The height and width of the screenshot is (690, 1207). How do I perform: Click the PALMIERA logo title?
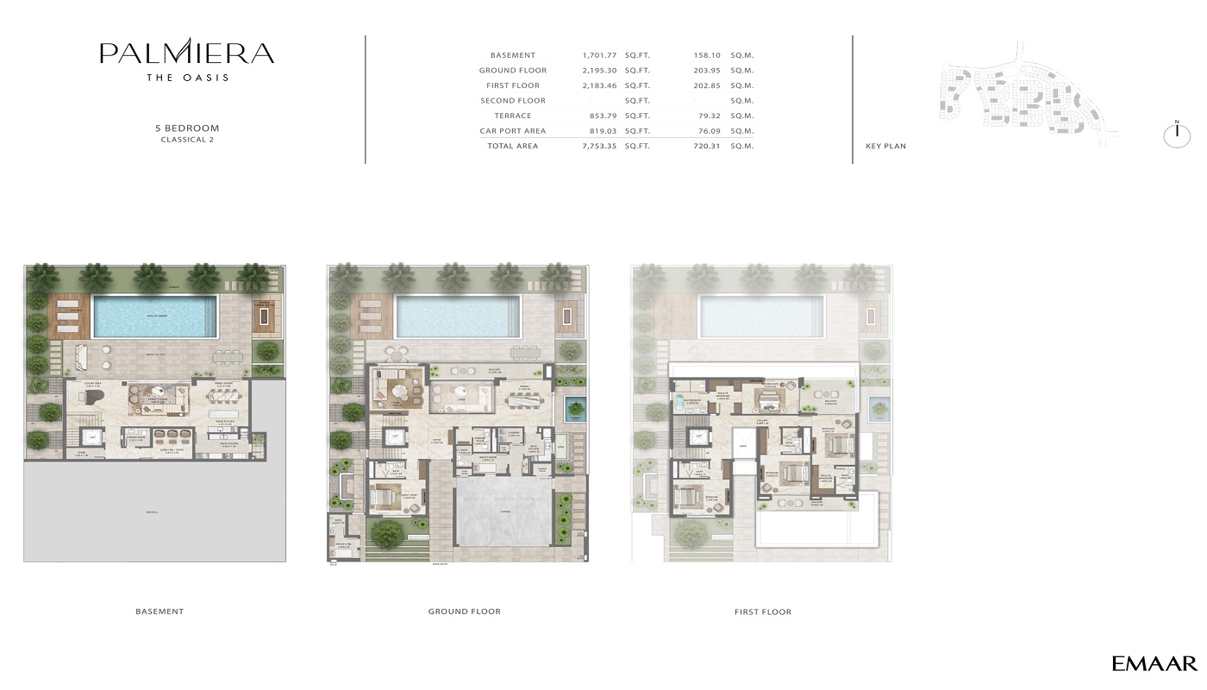(x=187, y=53)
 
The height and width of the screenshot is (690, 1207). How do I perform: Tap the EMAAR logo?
(x=1154, y=663)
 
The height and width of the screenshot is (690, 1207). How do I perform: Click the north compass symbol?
(x=1177, y=135)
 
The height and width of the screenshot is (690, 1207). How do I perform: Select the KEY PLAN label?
(x=885, y=147)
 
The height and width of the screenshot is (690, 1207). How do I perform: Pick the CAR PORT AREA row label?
(x=513, y=131)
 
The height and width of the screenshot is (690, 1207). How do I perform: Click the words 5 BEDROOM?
(x=187, y=129)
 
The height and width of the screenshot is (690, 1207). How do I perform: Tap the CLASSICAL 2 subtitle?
(x=187, y=140)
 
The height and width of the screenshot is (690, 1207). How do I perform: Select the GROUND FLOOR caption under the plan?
(x=464, y=612)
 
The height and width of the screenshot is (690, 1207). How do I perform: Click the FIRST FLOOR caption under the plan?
(x=763, y=612)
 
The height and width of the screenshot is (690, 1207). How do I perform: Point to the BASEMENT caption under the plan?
(x=159, y=612)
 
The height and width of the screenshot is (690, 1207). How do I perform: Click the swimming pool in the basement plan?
(x=155, y=316)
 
